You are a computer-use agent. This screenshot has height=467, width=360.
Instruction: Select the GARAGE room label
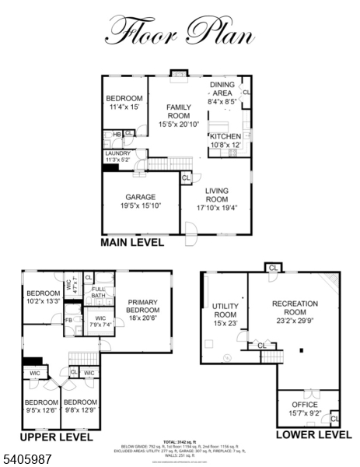[141, 202]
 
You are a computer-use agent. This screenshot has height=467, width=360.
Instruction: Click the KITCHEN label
[225, 140]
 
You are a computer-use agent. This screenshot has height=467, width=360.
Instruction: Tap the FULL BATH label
[98, 293]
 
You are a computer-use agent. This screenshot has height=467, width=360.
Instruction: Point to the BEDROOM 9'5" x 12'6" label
[40, 406]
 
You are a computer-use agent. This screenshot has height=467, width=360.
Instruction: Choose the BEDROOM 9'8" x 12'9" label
[80, 406]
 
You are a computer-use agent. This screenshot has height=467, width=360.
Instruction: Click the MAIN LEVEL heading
[132, 242]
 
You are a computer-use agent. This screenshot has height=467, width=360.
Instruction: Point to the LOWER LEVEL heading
[314, 434]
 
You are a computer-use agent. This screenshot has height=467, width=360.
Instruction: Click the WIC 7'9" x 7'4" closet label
[100, 321]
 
